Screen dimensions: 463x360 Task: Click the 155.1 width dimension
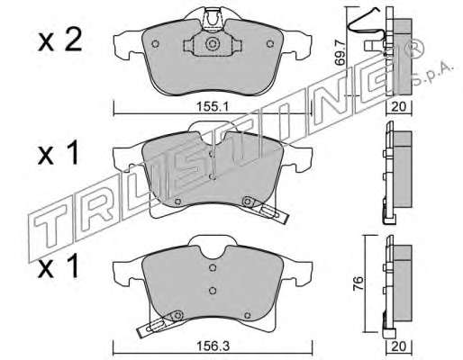tap(213, 107)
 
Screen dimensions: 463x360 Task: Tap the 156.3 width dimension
tap(213, 346)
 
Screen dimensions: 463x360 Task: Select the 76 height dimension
tap(359, 283)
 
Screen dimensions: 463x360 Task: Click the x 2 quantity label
tap(60, 41)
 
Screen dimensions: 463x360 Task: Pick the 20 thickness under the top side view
tap(399, 107)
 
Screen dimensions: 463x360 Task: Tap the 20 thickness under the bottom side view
tap(399, 346)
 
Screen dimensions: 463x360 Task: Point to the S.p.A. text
tap(432, 73)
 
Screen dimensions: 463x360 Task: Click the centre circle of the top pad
tap(213, 44)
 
